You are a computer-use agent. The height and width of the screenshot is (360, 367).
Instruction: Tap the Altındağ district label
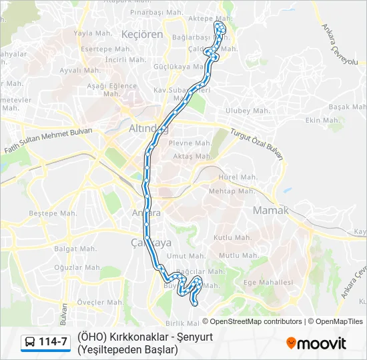[148, 127]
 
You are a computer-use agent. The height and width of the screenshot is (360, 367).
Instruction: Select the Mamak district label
[270, 211]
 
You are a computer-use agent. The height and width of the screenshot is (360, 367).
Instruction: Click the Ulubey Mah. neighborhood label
[247, 111]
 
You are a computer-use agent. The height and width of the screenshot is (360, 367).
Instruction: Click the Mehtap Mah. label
[232, 191]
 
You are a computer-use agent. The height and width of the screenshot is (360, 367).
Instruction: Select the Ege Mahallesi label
[268, 282]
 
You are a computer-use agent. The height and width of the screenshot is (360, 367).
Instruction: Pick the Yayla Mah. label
[91, 33]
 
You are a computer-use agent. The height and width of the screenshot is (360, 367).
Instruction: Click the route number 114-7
[53, 342]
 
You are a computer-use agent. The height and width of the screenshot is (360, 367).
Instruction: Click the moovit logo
[316, 343]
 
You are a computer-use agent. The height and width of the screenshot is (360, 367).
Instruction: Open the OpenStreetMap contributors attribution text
[256, 321]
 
